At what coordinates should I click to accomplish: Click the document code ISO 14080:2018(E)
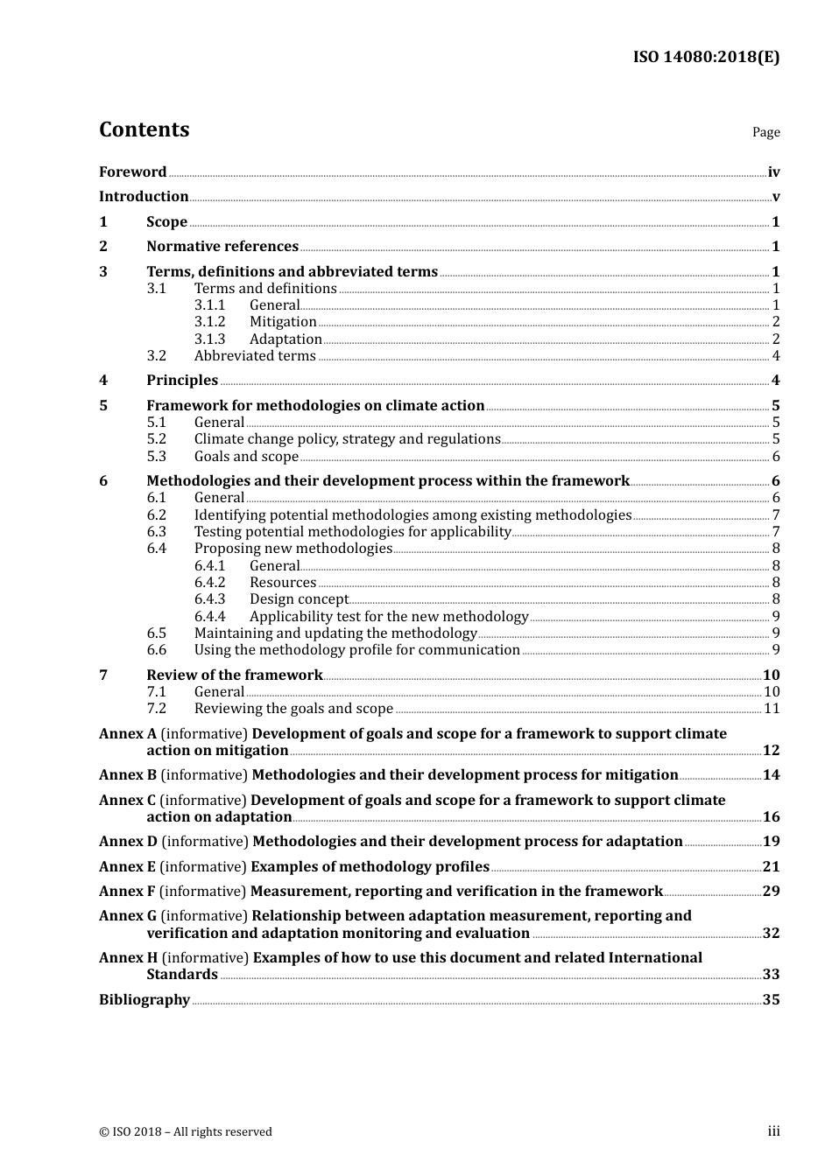pyautogui.click(x=706, y=57)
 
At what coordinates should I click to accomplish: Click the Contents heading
pyautogui.click(x=144, y=129)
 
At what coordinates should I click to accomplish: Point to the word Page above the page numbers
pyautogui.click(x=765, y=132)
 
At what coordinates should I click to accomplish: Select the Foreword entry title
pyautogui.click(x=132, y=172)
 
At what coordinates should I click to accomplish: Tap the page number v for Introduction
pyautogui.click(x=775, y=197)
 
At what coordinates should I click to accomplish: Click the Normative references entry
pyautogui.click(x=222, y=247)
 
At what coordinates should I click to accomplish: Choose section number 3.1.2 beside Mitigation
pyautogui.click(x=209, y=322)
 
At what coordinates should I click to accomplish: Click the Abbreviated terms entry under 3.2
pyautogui.click(x=255, y=356)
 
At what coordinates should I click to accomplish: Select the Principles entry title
pyautogui.click(x=182, y=381)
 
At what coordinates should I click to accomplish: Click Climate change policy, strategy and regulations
pyautogui.click(x=347, y=439)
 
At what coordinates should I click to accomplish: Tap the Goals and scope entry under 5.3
pyautogui.click(x=246, y=457)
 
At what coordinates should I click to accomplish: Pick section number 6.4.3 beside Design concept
pyautogui.click(x=209, y=599)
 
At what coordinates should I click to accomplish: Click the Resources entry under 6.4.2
pyautogui.click(x=283, y=583)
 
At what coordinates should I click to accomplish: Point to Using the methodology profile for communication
pyautogui.click(x=356, y=650)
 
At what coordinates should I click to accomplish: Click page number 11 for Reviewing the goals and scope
pyautogui.click(x=772, y=709)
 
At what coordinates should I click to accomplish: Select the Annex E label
pyautogui.click(x=127, y=867)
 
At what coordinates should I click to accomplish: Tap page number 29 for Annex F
pyautogui.click(x=771, y=892)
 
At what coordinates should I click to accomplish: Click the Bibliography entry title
pyautogui.click(x=145, y=1000)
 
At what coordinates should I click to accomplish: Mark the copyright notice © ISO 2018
pyautogui.click(x=186, y=1132)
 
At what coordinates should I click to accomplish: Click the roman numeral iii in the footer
pyautogui.click(x=773, y=1131)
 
